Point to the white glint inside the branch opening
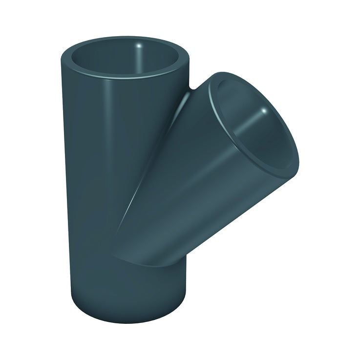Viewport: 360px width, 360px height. tap(264, 113)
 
